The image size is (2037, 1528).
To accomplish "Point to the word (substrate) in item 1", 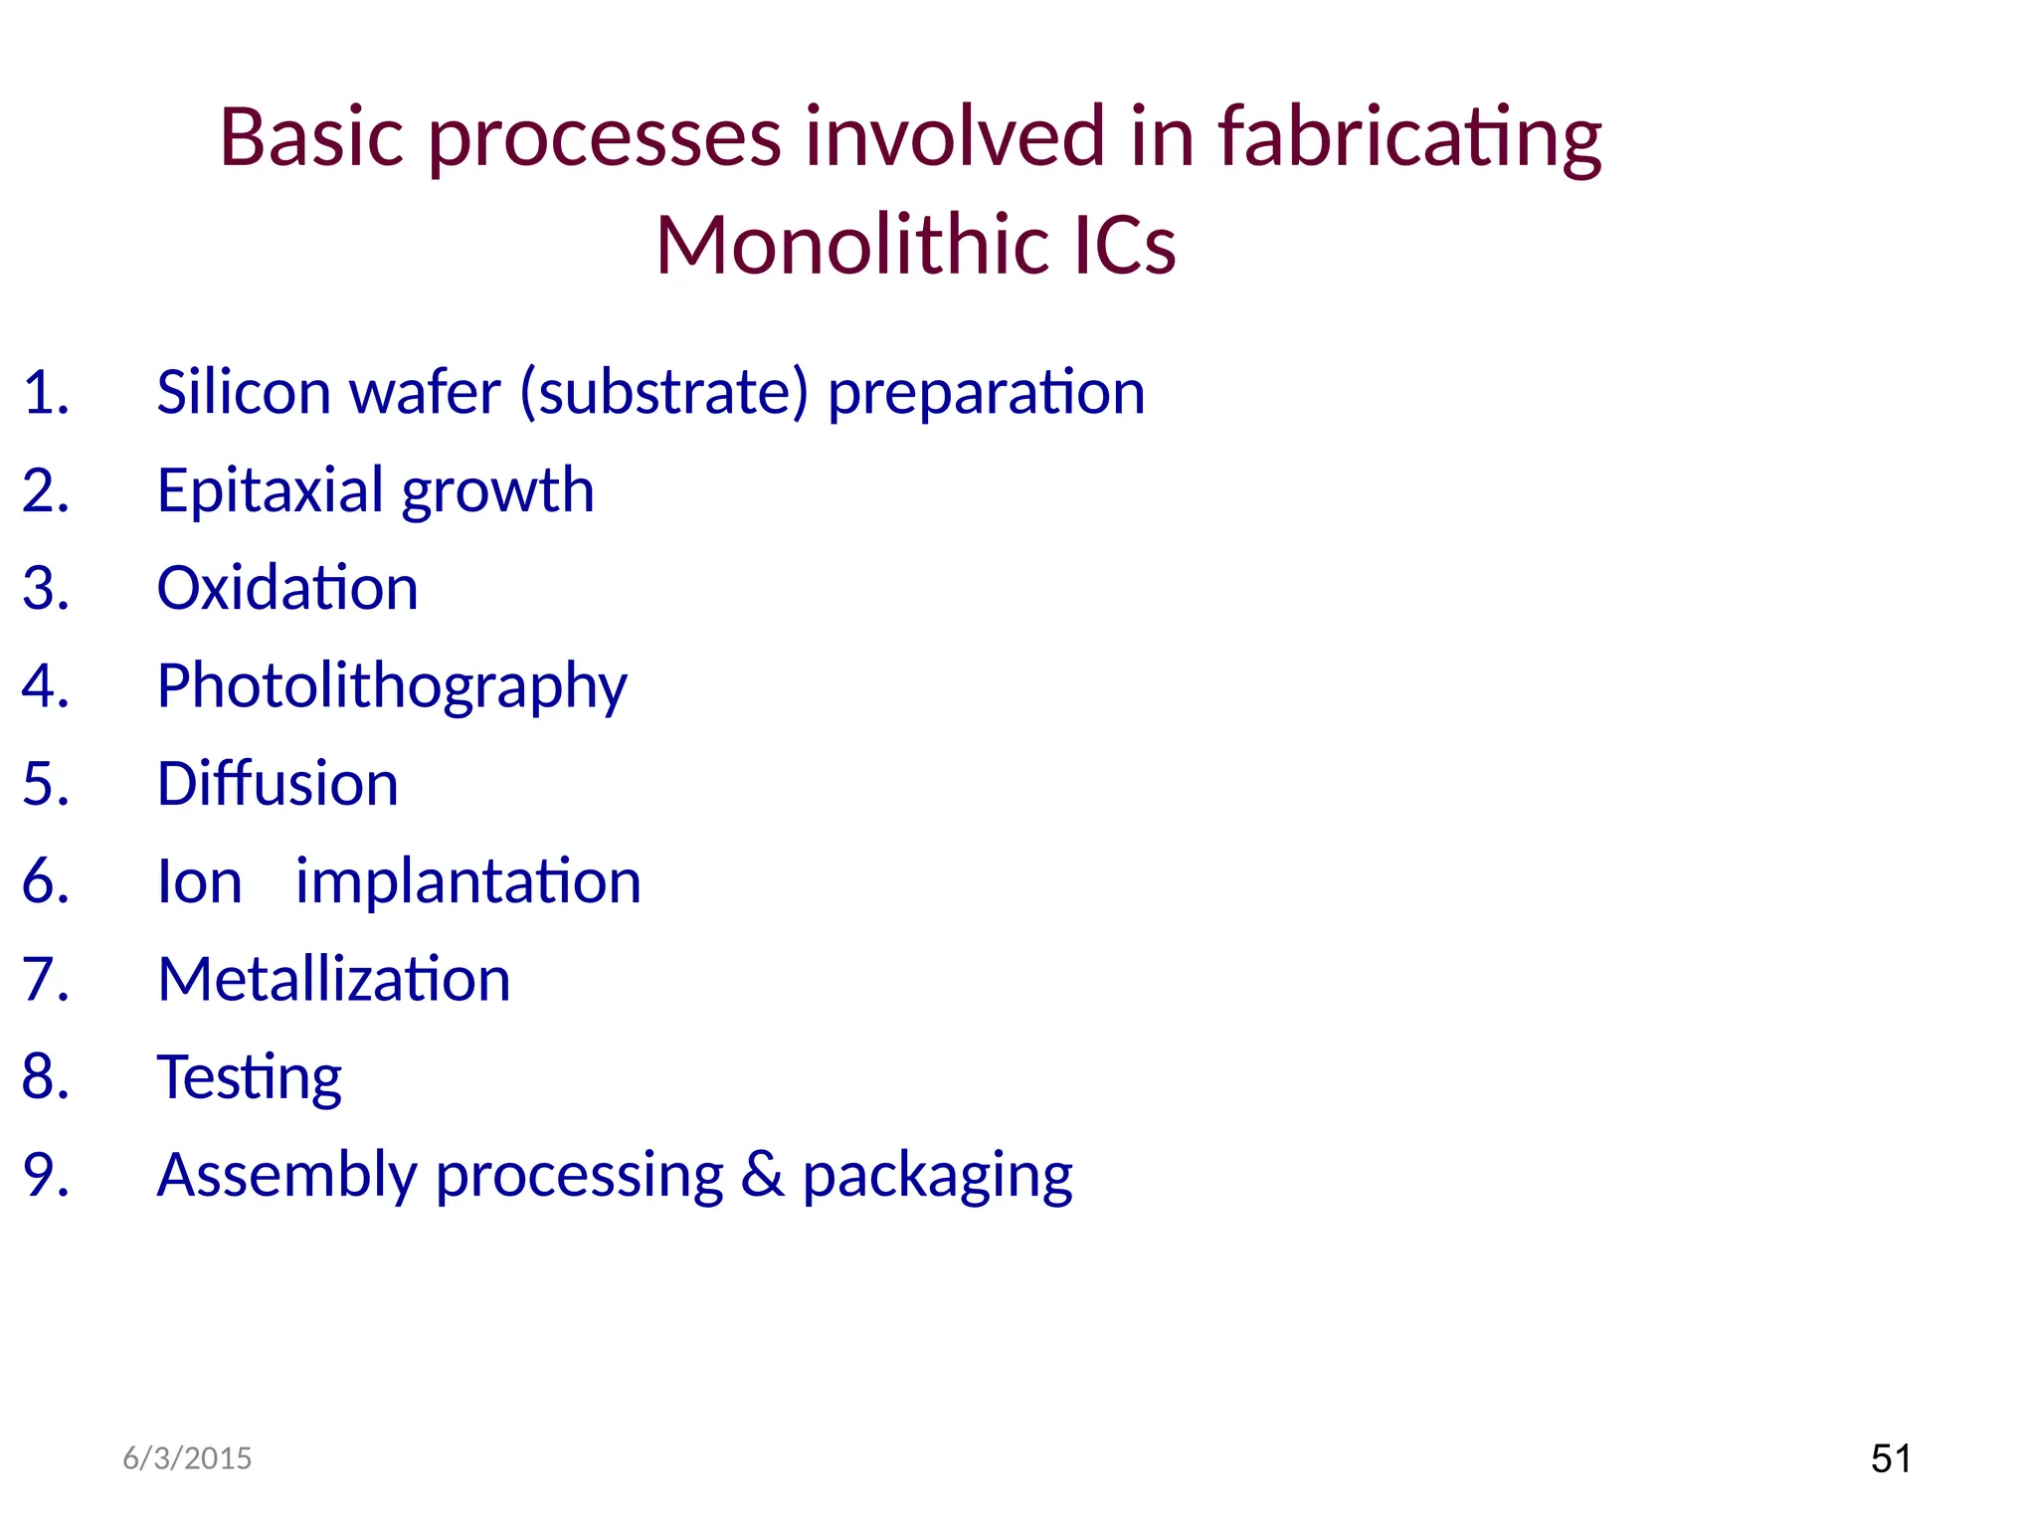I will click(x=663, y=392).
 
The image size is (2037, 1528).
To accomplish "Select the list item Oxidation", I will click(x=287, y=588).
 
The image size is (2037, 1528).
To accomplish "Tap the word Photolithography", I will click(x=392, y=686).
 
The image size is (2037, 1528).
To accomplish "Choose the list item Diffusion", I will click(x=278, y=784).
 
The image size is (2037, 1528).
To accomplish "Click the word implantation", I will click(x=468, y=882).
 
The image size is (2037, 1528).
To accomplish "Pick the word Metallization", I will click(x=333, y=980).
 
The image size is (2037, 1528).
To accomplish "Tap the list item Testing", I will click(x=249, y=1077).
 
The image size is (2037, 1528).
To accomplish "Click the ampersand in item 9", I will click(x=763, y=1175).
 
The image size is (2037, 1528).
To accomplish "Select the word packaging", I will click(x=937, y=1177).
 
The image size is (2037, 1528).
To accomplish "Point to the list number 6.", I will click(x=46, y=882).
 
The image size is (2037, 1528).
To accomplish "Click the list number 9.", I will click(x=46, y=1175).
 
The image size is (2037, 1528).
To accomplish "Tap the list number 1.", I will click(x=46, y=392).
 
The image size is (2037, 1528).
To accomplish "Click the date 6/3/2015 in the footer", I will click(x=187, y=1458).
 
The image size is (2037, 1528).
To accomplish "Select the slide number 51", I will click(x=1891, y=1458).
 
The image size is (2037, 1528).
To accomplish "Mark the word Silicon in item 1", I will click(x=244, y=392).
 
